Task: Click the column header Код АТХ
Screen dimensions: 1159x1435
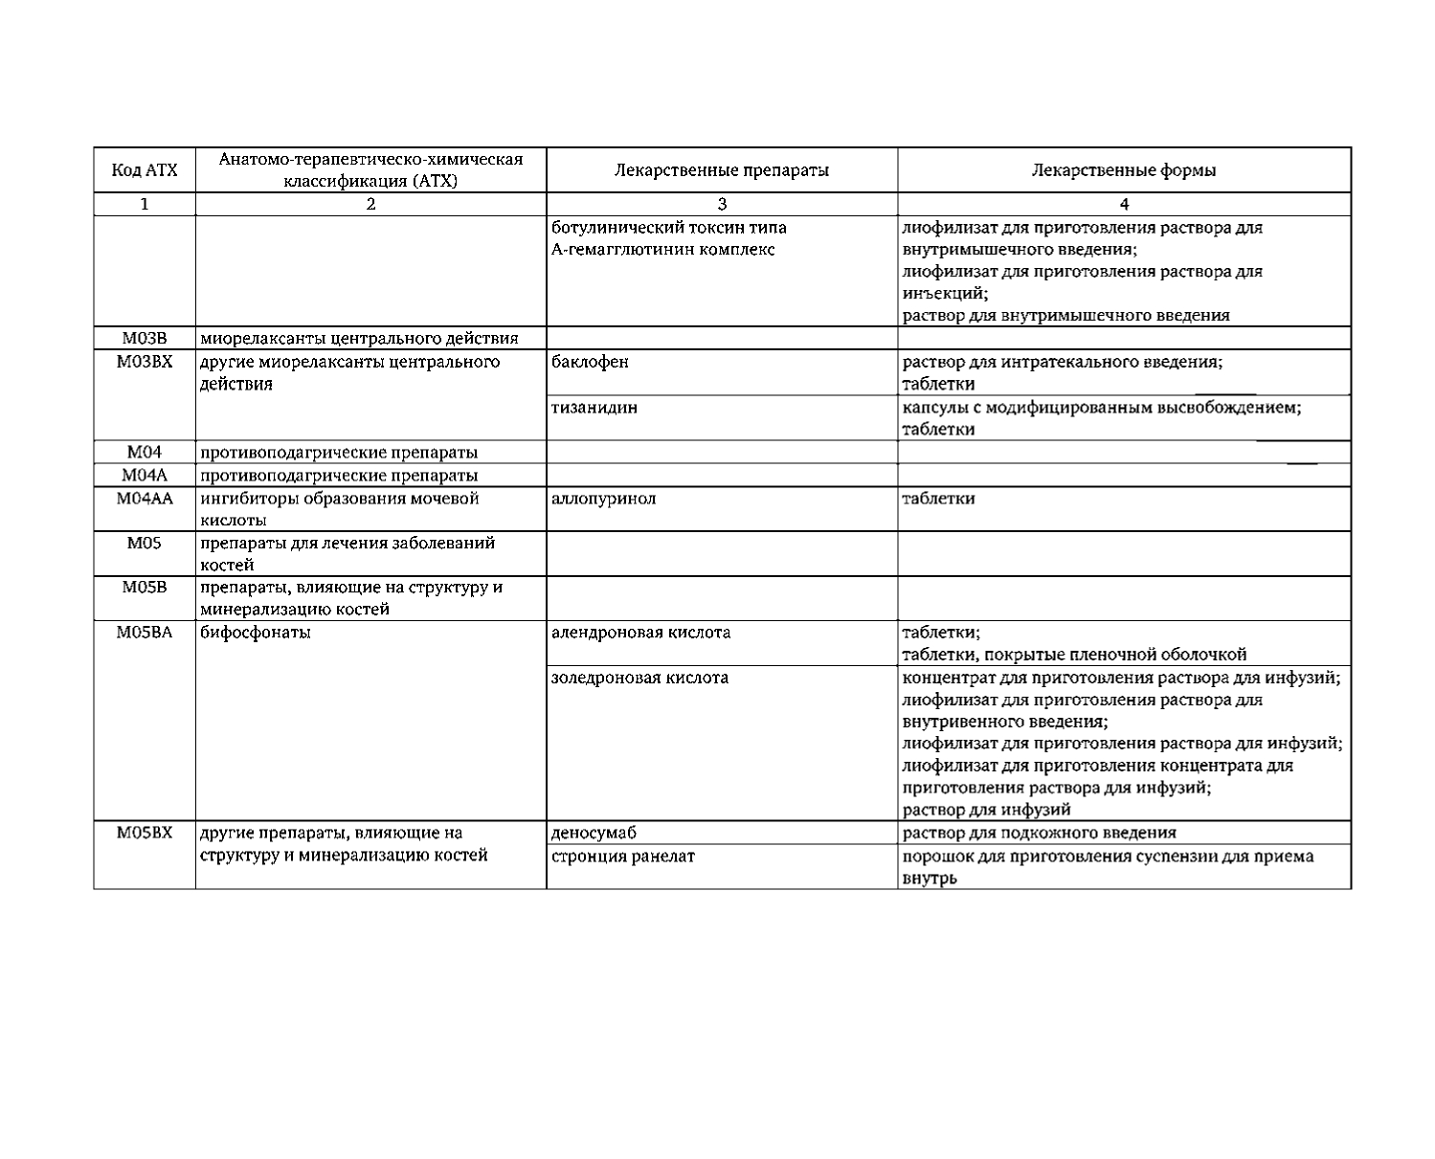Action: pos(145,171)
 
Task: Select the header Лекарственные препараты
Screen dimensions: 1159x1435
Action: pos(721,171)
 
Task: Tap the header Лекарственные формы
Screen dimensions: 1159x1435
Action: pos(1124,171)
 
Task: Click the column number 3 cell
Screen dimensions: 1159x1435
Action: pos(722,204)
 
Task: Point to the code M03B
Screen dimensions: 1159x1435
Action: pos(145,338)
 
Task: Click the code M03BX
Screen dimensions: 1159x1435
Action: pos(145,362)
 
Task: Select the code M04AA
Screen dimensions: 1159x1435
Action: pos(145,499)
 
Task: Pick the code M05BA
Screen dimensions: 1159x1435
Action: pos(145,633)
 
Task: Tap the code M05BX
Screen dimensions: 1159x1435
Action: pos(145,833)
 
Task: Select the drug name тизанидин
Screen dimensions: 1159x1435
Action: pos(594,408)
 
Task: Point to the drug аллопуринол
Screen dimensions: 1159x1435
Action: pos(603,499)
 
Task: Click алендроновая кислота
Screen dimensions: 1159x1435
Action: pos(640,633)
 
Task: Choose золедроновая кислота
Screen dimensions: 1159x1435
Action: pos(639,678)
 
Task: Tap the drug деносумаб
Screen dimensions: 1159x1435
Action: pos(594,833)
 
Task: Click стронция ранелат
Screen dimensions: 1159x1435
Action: pos(622,856)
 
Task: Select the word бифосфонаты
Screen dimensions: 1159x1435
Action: pos(255,633)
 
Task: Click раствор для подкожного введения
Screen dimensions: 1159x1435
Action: pos(1039,833)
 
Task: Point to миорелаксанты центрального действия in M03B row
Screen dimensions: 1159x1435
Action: pos(359,338)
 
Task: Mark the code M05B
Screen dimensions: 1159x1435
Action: pos(145,587)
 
